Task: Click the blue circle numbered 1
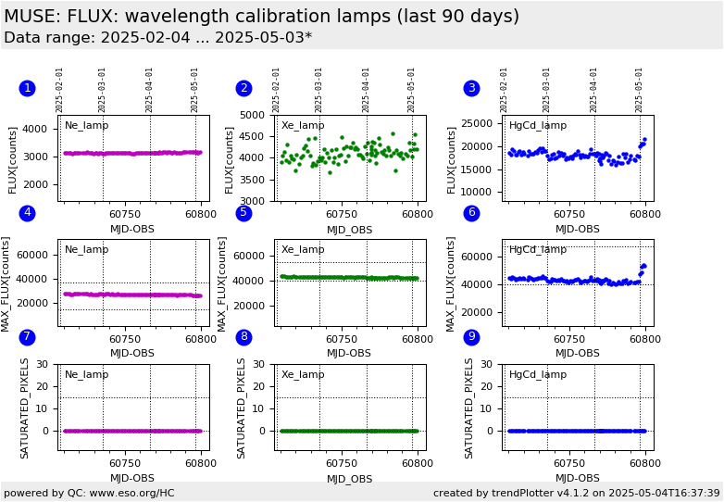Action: pos(27,88)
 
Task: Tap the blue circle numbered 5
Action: pos(243,213)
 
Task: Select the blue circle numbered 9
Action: pos(471,337)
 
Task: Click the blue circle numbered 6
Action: pos(471,213)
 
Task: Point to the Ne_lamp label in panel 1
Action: pos(86,125)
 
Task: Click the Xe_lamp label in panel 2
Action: pos(303,125)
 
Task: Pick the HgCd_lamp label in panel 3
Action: pos(538,125)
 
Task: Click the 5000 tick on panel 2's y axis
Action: pos(254,115)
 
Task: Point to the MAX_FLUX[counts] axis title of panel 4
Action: pos(6,283)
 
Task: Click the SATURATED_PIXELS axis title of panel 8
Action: pos(241,408)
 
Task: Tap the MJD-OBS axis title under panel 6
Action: pos(577,353)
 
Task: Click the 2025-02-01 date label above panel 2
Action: pos(277,90)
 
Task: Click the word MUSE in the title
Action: pos(33,17)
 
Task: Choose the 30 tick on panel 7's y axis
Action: pos(42,364)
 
